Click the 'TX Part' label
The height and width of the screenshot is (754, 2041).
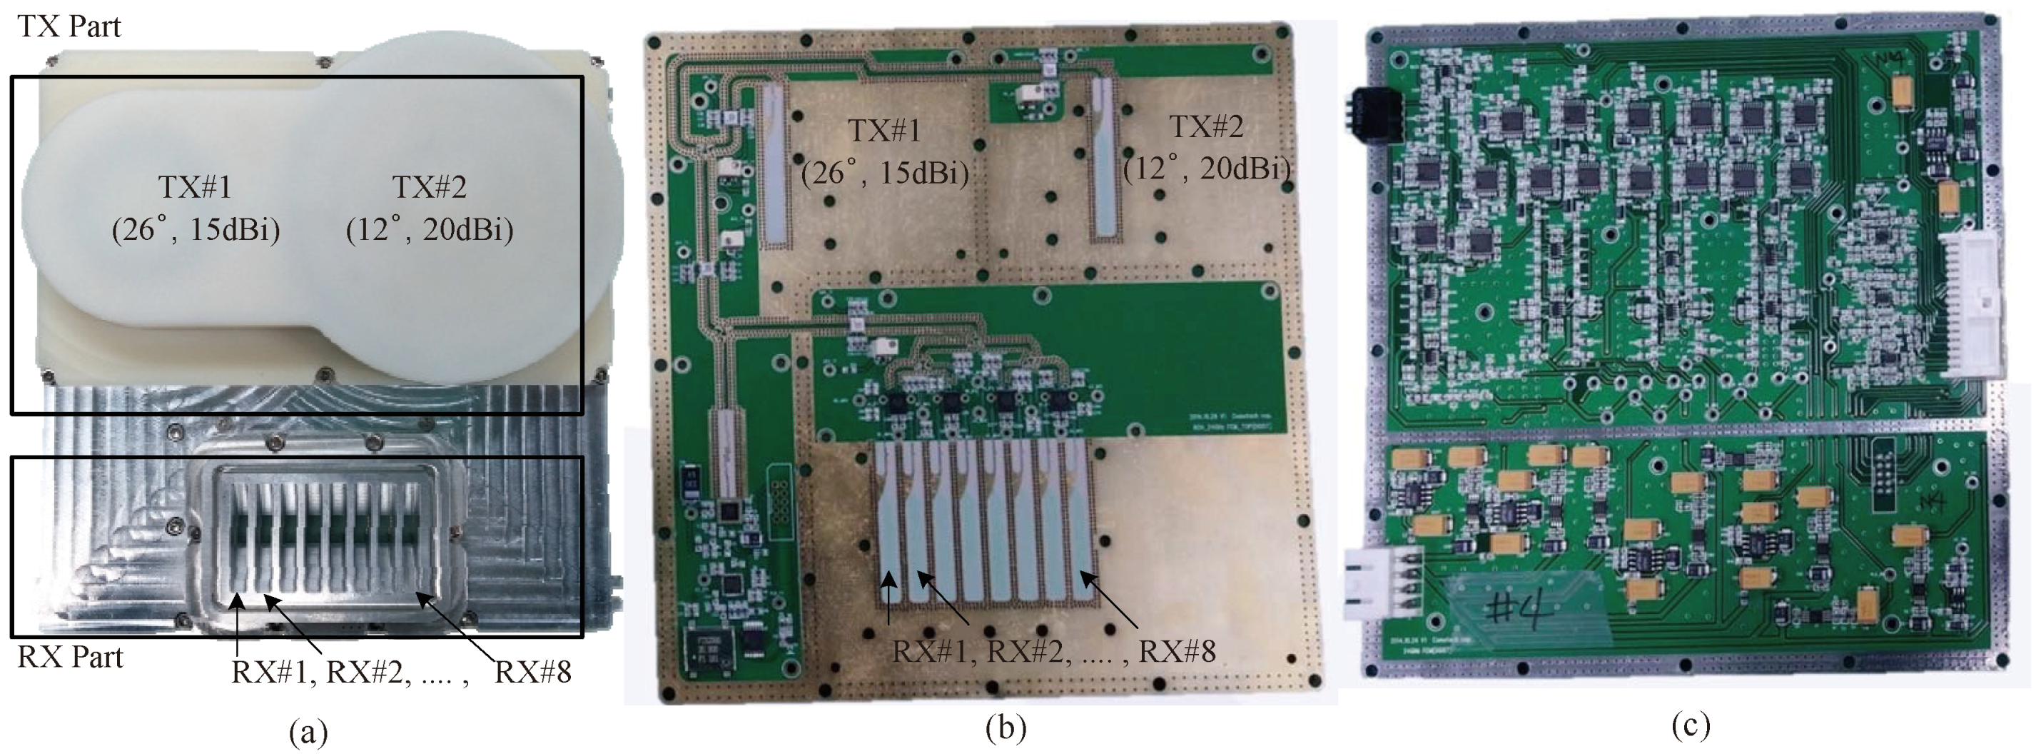click(x=69, y=26)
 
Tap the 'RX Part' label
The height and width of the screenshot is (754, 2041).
click(x=71, y=658)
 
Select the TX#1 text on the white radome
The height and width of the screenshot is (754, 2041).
click(x=195, y=187)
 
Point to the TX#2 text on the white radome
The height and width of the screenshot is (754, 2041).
click(x=430, y=187)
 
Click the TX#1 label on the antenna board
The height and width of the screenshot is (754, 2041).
click(x=884, y=130)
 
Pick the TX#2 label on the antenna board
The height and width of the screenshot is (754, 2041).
click(x=1207, y=126)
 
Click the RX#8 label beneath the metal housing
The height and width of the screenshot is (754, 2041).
click(x=532, y=673)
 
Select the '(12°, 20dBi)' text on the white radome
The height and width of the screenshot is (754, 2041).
click(x=430, y=230)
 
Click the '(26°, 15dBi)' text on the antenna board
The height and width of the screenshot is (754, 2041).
click(x=884, y=172)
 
